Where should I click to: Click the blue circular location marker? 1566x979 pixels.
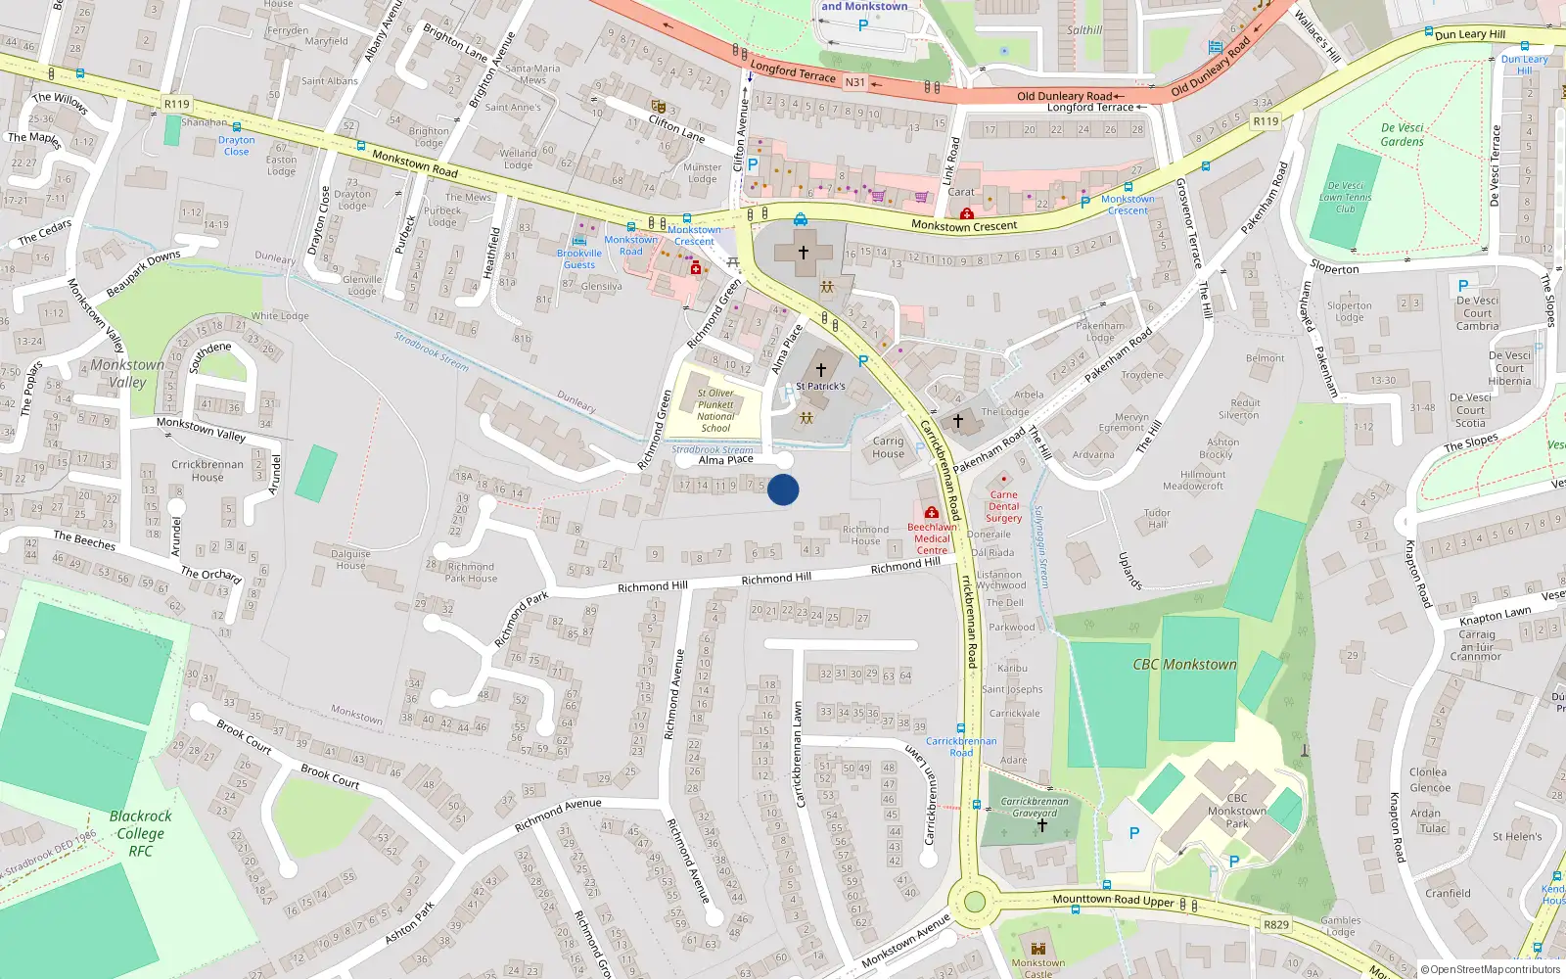[783, 489]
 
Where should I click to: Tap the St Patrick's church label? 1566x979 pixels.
[820, 386]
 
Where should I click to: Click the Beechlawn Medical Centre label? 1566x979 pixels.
[932, 538]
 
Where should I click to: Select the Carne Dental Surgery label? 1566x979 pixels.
[1003, 506]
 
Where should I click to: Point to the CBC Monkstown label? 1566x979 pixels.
[1184, 665]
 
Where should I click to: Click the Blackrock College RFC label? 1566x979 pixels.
[140, 833]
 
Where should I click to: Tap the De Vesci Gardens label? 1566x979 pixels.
[1402, 135]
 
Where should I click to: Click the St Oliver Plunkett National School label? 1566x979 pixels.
[715, 410]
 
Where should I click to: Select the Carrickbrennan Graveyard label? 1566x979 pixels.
[1035, 807]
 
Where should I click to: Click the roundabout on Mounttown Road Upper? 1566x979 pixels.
[974, 902]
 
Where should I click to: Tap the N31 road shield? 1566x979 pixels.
[854, 82]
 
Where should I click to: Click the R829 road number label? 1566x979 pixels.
[1276, 924]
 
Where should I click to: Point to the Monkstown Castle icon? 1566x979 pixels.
[1037, 949]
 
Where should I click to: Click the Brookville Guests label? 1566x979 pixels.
[578, 258]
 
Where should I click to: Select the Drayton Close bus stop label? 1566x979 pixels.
[236, 146]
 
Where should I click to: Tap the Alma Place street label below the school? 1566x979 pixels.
[725, 459]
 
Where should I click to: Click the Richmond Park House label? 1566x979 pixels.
[471, 572]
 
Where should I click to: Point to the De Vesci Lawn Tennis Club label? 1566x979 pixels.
[1345, 197]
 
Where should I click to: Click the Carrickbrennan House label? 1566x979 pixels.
[207, 471]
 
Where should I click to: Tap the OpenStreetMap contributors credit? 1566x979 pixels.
[1491, 969]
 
